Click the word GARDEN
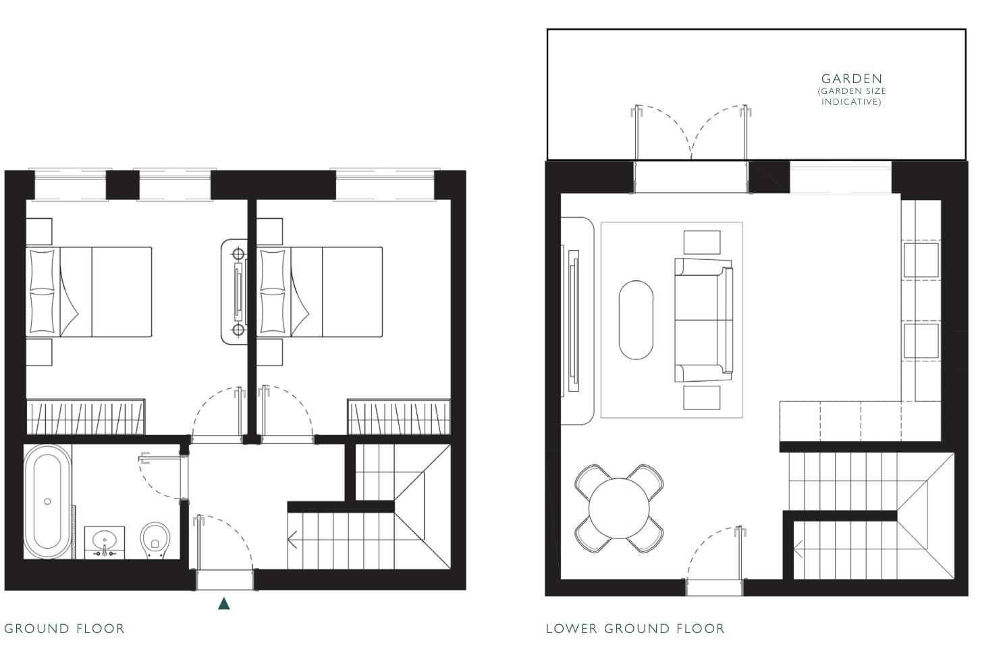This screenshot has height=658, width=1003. tap(851, 78)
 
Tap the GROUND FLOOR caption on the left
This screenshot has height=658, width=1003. tap(64, 629)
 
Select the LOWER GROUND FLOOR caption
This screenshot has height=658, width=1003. tap(634, 629)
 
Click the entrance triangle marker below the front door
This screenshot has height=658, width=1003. tap(224, 603)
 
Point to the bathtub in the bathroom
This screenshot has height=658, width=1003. tap(47, 501)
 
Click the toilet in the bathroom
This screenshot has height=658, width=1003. tap(155, 540)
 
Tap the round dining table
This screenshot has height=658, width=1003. tap(618, 508)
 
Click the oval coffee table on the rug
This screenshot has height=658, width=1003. tap(636, 320)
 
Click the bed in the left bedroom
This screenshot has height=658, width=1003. tap(89, 292)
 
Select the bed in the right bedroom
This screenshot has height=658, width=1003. tap(320, 292)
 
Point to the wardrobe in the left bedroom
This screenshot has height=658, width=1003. tap(85, 417)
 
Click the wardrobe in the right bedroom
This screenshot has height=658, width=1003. tap(398, 417)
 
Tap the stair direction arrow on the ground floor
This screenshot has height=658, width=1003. tap(293, 539)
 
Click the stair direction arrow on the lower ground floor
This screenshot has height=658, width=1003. tap(798, 549)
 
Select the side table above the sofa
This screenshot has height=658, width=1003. tap(701, 242)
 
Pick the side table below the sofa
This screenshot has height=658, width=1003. tap(701, 398)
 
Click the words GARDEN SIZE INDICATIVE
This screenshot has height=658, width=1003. tap(851, 96)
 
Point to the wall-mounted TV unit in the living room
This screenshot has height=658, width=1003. tap(573, 321)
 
